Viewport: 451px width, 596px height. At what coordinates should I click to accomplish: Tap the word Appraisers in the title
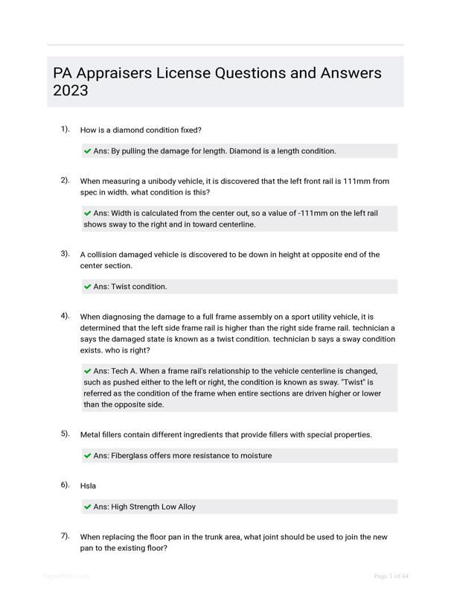coord(123,73)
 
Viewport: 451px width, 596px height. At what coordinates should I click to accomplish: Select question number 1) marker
coord(65,129)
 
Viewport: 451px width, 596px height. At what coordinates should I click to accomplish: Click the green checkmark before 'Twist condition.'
coord(88,287)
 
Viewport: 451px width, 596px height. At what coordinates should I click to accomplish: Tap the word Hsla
coord(89,486)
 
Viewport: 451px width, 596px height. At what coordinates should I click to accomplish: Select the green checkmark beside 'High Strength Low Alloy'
coord(88,507)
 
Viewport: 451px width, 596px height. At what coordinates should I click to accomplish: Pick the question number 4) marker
coord(65,316)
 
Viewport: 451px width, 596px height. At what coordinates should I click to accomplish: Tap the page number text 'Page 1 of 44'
coord(391,576)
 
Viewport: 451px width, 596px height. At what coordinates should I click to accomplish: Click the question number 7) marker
coord(65,536)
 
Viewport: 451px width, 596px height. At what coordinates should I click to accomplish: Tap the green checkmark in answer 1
coord(88,151)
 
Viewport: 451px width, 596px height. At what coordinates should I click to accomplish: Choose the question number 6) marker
coord(65,485)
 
